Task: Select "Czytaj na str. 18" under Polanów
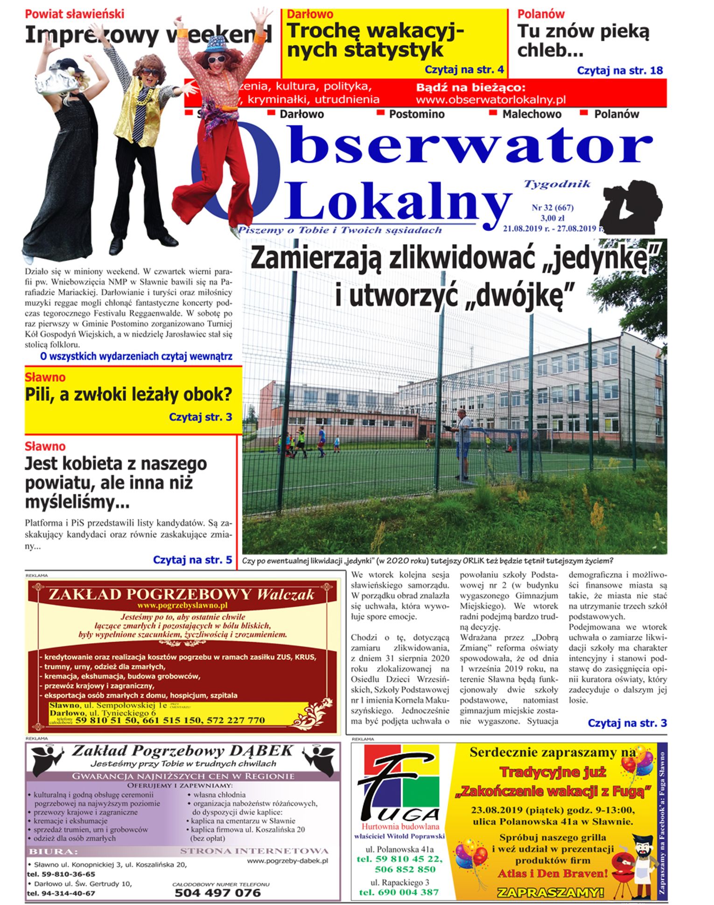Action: click(x=620, y=70)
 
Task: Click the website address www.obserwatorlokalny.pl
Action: click(x=490, y=100)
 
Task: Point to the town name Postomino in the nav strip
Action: click(x=417, y=114)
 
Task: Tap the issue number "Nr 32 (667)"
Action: click(x=552, y=208)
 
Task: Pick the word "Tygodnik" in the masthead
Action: click(x=557, y=184)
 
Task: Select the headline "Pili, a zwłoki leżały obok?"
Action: click(x=128, y=395)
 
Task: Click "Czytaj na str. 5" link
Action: click(x=192, y=560)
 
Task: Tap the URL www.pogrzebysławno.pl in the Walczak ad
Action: click(x=182, y=606)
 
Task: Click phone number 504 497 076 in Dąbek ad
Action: click(x=217, y=893)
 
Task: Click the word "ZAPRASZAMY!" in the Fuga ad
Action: click(x=550, y=892)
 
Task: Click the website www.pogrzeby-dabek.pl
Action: click(x=287, y=861)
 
